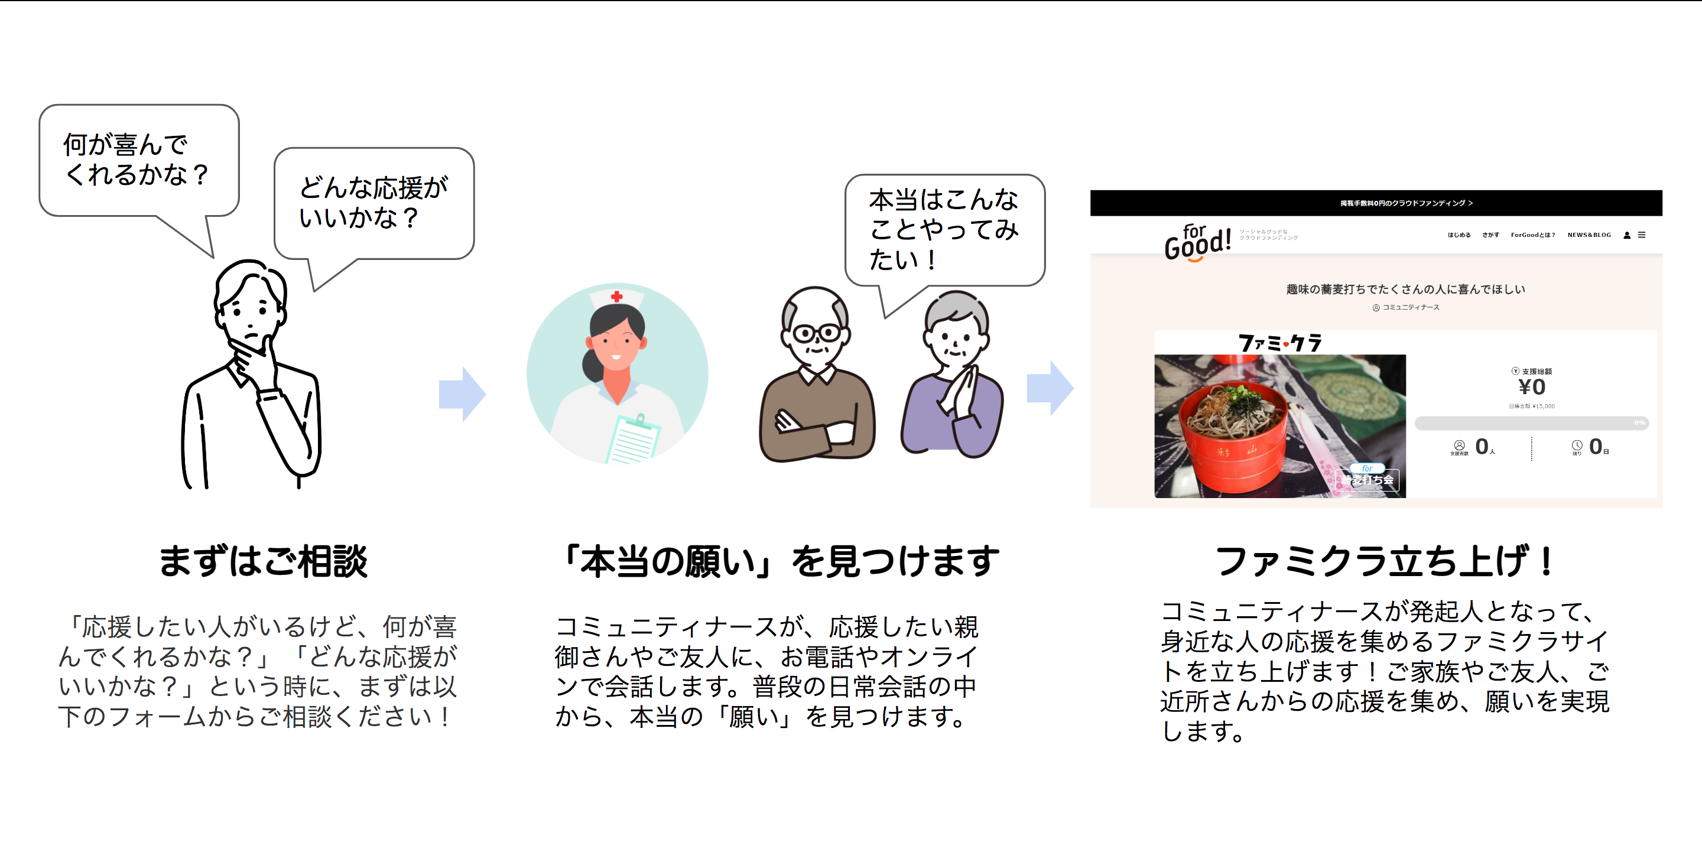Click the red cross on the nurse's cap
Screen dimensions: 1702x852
point(616,297)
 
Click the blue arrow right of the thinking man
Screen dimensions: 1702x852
point(463,394)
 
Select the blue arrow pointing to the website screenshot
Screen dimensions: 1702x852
point(1050,388)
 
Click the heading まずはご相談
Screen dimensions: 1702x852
point(263,561)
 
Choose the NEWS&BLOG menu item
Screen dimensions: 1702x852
point(1589,235)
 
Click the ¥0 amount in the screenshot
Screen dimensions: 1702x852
point(1532,387)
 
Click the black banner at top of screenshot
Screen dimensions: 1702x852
point(1376,203)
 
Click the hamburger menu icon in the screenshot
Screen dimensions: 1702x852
point(1641,235)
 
